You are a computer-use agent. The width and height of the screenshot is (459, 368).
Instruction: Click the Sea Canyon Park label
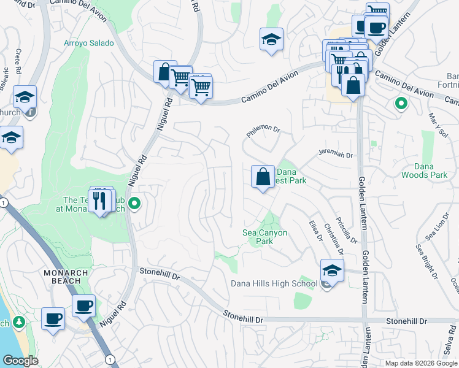(x=266, y=237)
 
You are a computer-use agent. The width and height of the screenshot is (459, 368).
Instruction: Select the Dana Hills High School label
(x=274, y=283)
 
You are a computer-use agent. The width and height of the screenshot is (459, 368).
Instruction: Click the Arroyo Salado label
(x=89, y=44)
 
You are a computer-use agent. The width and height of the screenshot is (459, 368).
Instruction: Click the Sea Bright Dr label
(x=427, y=261)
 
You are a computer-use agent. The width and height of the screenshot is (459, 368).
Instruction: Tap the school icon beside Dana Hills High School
(x=331, y=270)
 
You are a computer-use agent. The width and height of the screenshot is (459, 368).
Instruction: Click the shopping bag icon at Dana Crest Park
(x=263, y=177)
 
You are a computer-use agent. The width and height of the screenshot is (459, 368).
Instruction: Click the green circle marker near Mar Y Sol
(x=401, y=104)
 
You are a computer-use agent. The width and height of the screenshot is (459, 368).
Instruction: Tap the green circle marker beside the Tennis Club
(x=135, y=203)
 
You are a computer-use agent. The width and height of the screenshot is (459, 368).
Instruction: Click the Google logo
(x=20, y=361)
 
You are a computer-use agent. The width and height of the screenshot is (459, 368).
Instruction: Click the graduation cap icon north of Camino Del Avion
(x=271, y=40)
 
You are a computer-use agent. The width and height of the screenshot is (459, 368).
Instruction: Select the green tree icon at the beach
(x=18, y=321)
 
